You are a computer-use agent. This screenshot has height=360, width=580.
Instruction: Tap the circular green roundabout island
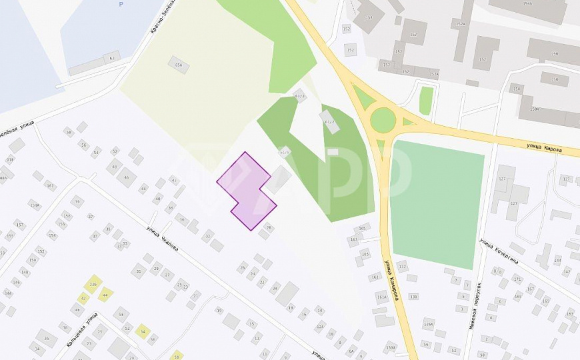click(383, 120)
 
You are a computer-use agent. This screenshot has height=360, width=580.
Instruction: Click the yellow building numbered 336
click(93, 284)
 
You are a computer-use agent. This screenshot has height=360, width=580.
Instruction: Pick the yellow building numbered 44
click(105, 294)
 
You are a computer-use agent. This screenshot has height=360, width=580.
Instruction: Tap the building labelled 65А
click(179, 65)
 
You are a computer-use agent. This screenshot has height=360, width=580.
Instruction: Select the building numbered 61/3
click(299, 95)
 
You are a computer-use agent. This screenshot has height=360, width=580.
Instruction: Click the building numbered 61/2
click(328, 121)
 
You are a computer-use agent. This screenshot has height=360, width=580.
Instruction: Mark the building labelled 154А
click(527, 4)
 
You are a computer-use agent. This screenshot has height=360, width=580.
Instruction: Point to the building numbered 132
click(402, 266)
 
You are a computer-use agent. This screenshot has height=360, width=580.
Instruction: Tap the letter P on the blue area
click(121, 5)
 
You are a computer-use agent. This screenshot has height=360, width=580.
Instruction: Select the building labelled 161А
click(381, 297)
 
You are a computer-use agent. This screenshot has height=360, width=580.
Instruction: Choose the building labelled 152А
click(461, 25)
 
